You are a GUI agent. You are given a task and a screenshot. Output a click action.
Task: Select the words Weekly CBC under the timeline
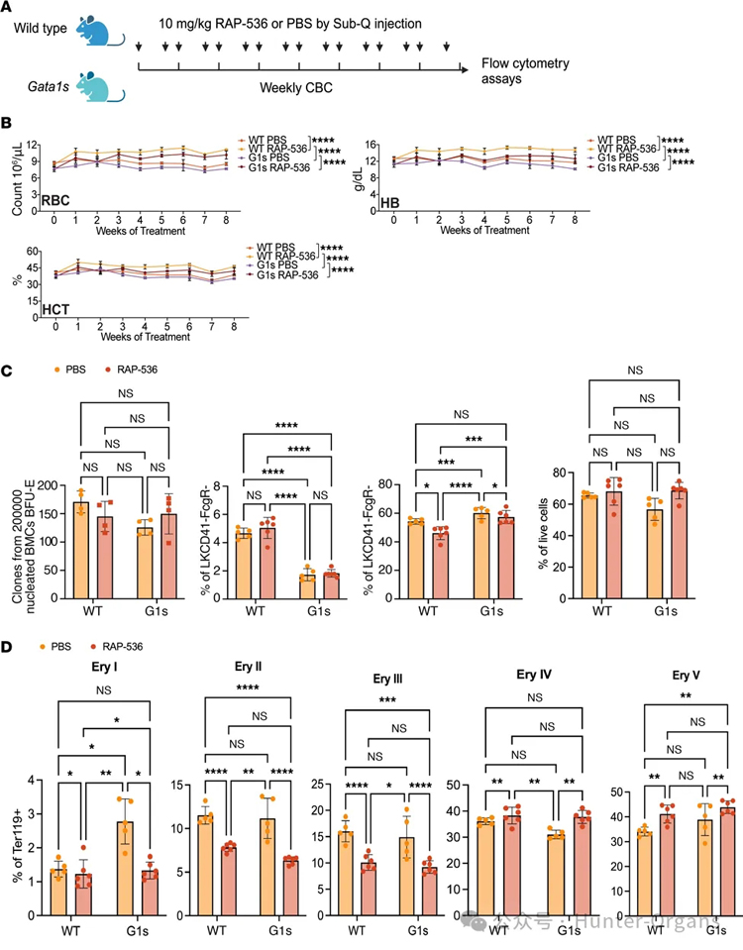(x=295, y=87)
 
